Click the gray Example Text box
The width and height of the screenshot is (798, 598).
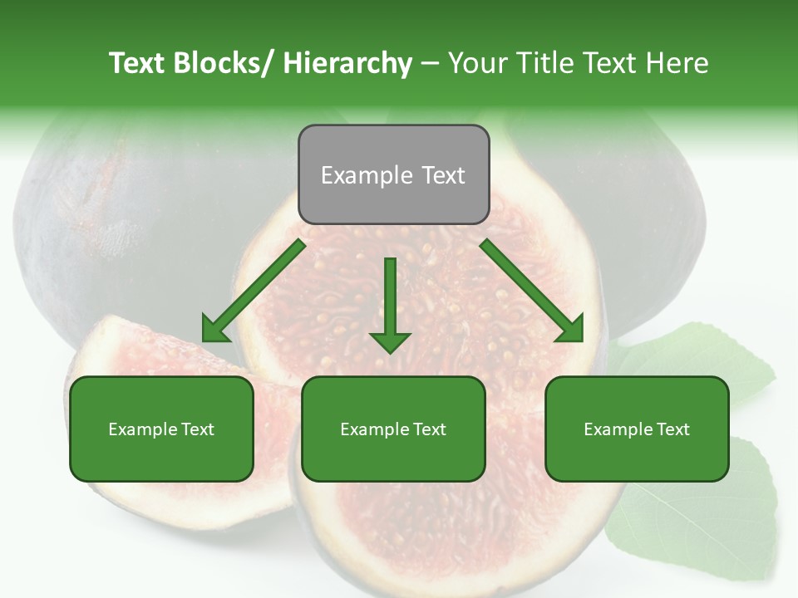click(393, 174)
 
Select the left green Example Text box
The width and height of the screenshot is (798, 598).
click(161, 429)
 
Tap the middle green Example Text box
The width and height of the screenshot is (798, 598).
click(393, 429)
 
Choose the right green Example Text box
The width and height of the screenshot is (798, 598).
click(637, 429)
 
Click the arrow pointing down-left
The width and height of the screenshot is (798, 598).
click(254, 291)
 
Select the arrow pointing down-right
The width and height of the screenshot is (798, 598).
click(532, 291)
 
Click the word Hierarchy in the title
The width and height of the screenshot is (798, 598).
click(347, 63)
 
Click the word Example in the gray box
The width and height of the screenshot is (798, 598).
click(367, 175)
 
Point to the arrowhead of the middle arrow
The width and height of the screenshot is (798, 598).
click(390, 341)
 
